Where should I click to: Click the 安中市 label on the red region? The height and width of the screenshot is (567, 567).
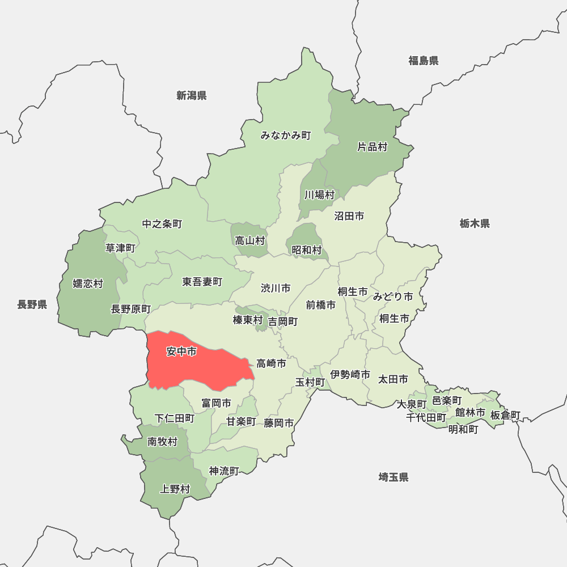(181, 352)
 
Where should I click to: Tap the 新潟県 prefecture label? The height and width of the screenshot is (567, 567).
(191, 96)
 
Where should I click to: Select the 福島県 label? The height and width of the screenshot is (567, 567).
(423, 61)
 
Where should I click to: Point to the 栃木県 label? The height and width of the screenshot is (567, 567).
(475, 224)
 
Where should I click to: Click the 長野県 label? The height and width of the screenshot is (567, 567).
(32, 305)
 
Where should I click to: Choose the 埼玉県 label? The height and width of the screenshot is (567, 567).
(393, 477)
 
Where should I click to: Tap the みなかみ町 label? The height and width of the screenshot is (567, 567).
(286, 136)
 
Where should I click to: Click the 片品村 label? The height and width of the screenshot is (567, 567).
(372, 147)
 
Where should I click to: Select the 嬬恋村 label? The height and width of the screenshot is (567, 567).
(88, 283)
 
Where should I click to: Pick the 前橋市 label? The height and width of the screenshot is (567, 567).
(320, 305)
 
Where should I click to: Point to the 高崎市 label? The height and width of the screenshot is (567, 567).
(271, 363)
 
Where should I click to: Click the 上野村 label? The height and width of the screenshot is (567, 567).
(175, 489)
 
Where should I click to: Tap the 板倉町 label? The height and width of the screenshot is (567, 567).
(505, 416)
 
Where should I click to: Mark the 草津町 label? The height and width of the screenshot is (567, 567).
(120, 248)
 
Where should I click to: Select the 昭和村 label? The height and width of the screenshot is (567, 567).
(307, 250)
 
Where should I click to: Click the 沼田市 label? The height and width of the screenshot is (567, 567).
(349, 216)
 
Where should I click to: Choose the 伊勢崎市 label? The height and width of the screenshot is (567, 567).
(350, 375)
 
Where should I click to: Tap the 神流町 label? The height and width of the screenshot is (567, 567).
(224, 471)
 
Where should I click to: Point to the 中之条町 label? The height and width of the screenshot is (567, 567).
(162, 224)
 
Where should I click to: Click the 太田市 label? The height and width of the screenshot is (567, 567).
(393, 379)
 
